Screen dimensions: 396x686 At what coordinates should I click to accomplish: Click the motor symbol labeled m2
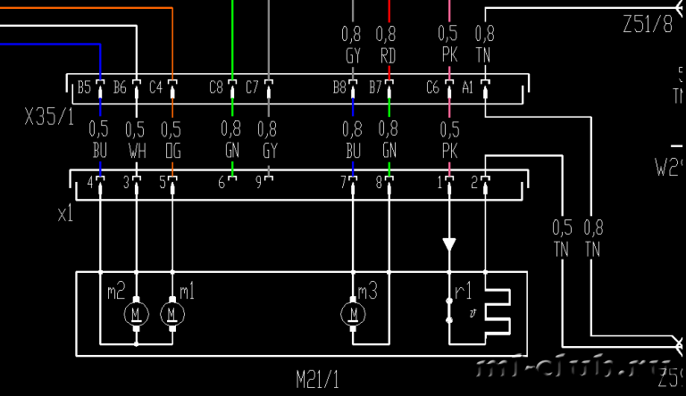pos(137,314)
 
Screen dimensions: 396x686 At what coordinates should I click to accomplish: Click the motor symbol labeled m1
pos(171,314)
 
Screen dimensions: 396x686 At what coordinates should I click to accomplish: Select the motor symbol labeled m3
pos(354,314)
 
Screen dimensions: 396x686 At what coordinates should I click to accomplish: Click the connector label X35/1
pos(50,117)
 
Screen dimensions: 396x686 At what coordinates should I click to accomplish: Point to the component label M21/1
pos(318,380)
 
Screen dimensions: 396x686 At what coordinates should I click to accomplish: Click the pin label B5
pos(84,87)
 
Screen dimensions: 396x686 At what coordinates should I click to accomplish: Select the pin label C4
pos(155,87)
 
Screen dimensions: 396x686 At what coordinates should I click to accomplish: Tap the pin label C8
pos(216,87)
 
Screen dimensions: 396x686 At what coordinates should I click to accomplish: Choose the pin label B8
pos(339,87)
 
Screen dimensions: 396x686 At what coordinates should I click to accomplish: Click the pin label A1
pos(468,87)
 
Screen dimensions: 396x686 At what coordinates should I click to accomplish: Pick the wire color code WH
pos(136,153)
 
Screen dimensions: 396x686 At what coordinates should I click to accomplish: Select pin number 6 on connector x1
pos(222,184)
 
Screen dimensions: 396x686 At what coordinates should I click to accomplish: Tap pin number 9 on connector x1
pos(258,184)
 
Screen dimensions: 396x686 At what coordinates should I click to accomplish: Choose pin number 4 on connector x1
pos(89,184)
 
